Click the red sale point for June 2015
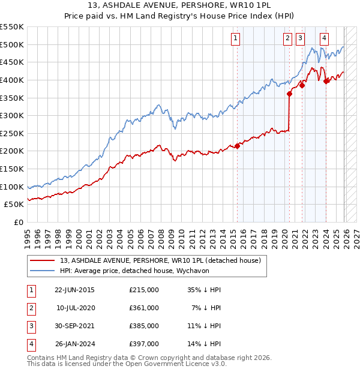pyautogui.click(x=237, y=145)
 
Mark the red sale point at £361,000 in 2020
pyautogui.click(x=289, y=94)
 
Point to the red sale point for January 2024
pyautogui.click(x=326, y=81)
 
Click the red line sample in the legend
pyautogui.click(x=42, y=261)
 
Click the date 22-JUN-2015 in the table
pyautogui.click(x=74, y=290)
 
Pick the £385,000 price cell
pyautogui.click(x=144, y=326)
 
